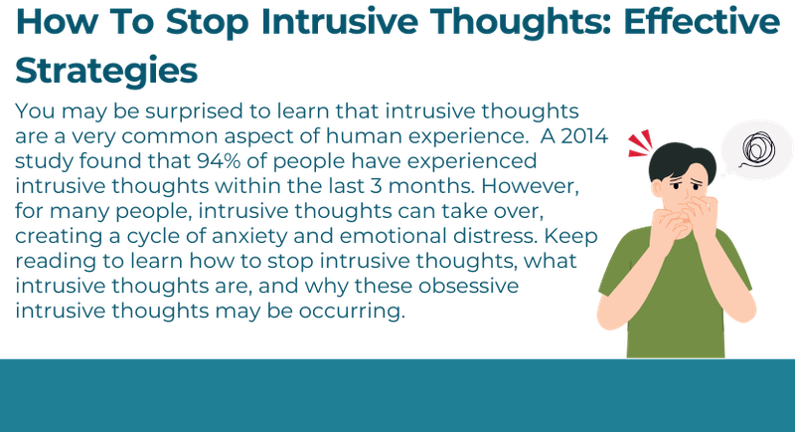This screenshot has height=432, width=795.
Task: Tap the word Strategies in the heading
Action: click(105, 70)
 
